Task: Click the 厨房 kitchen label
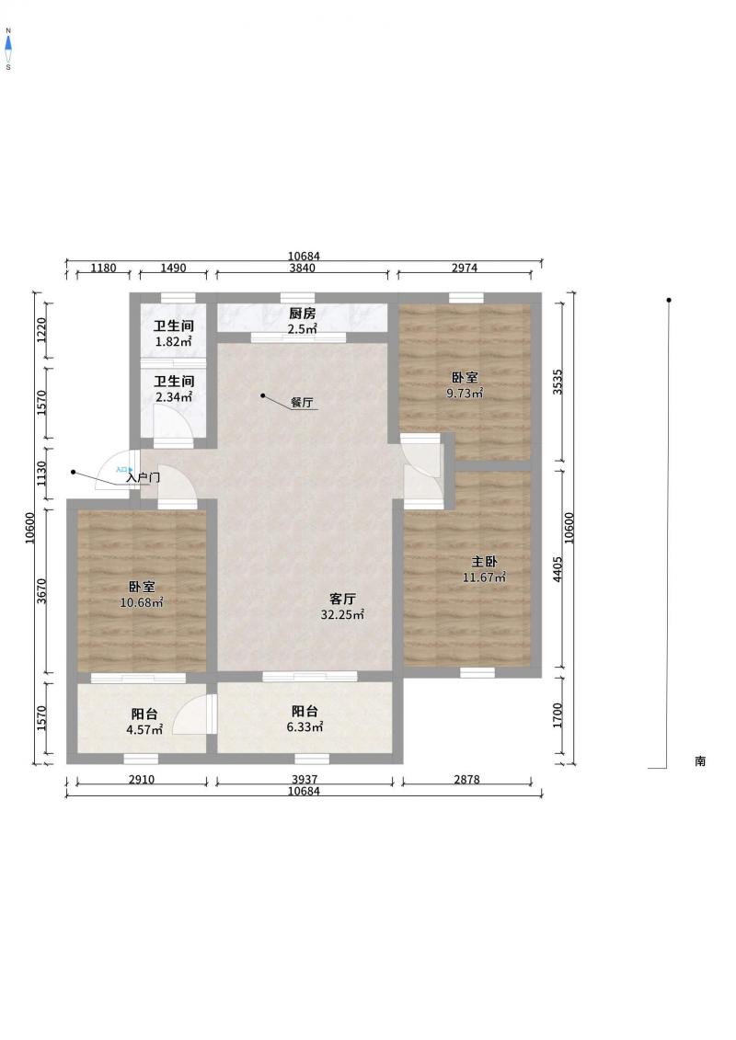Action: pyautogui.click(x=302, y=314)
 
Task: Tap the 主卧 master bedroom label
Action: pyautogui.click(x=484, y=562)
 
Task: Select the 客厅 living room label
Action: pyautogui.click(x=342, y=599)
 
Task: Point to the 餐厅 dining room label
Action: pyautogui.click(x=302, y=403)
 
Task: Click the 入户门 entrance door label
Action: pyautogui.click(x=144, y=477)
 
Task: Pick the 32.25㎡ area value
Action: pyautogui.click(x=342, y=615)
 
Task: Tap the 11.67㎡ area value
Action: pyautogui.click(x=484, y=577)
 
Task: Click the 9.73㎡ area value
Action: pyautogui.click(x=465, y=394)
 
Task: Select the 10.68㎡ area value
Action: pyautogui.click(x=142, y=603)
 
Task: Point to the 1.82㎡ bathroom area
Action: pyautogui.click(x=173, y=342)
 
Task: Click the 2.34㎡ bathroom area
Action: pyautogui.click(x=173, y=398)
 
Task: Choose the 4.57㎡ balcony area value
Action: pyautogui.click(x=144, y=730)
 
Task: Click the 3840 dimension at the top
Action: pyautogui.click(x=302, y=268)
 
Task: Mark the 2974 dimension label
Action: pyautogui.click(x=465, y=268)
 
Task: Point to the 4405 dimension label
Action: pyautogui.click(x=558, y=569)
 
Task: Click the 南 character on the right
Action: pyautogui.click(x=700, y=761)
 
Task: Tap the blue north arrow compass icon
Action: pyautogui.click(x=8, y=44)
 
